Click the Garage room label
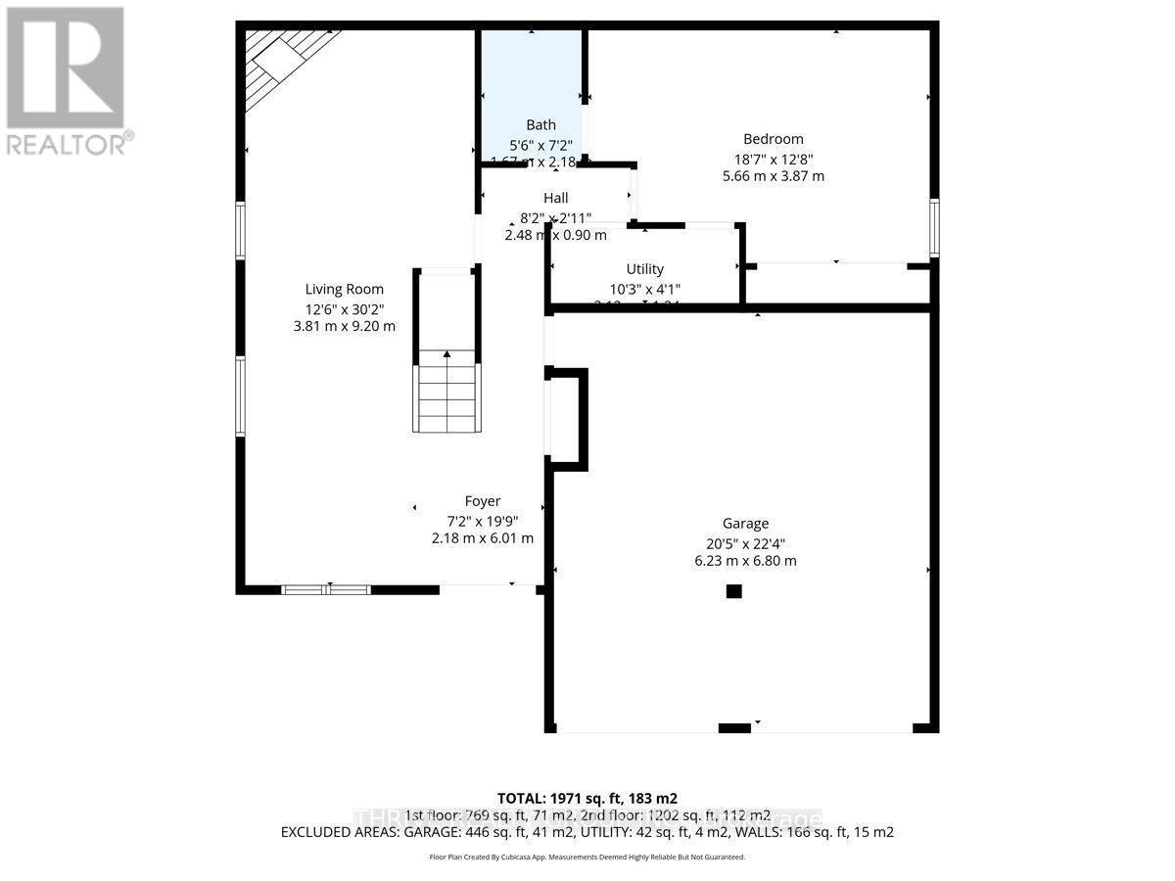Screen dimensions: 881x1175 click(745, 524)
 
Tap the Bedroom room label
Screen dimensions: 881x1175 click(773, 139)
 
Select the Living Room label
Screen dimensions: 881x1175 click(344, 289)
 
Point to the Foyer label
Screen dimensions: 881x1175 click(483, 501)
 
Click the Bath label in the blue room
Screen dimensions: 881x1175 click(540, 124)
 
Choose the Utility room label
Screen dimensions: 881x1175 click(644, 269)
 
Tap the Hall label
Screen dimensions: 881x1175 click(555, 198)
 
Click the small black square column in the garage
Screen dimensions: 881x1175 click(733, 591)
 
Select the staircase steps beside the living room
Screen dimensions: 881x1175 click(447, 396)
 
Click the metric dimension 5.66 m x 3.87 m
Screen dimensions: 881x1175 click(773, 176)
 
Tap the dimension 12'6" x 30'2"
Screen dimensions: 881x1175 click(344, 307)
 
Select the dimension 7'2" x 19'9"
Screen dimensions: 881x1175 click(483, 520)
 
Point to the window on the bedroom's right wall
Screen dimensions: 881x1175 click(934, 228)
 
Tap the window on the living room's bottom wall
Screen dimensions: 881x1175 click(326, 589)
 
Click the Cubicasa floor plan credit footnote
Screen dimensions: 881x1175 click(587, 857)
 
